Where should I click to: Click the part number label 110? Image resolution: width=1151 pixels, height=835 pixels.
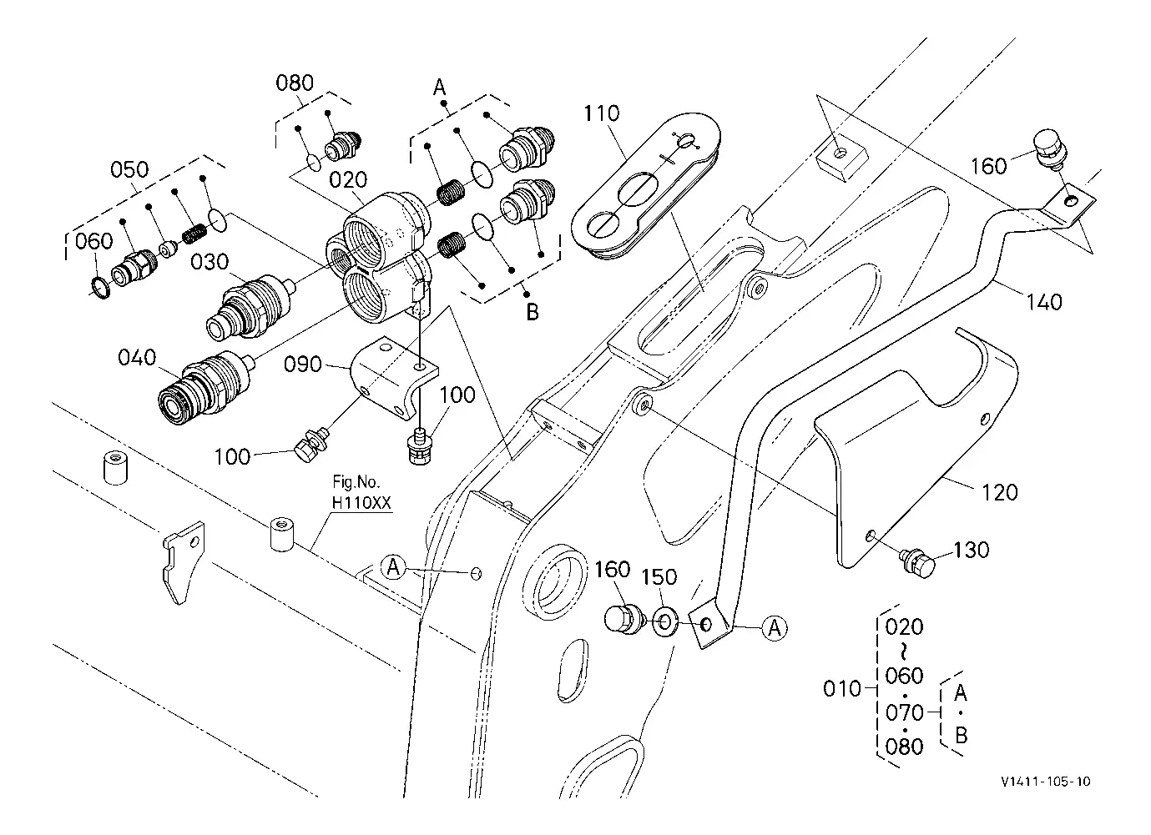(x=602, y=113)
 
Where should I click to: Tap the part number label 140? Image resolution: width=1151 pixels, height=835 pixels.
(x=1044, y=302)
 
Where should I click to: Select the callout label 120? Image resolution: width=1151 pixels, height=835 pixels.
(x=1000, y=492)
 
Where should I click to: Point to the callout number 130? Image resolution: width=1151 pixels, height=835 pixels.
(x=972, y=550)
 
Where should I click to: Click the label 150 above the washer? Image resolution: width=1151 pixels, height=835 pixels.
(x=659, y=577)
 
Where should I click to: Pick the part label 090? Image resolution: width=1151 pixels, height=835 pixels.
(x=303, y=365)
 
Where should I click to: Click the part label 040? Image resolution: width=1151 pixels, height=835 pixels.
(x=137, y=357)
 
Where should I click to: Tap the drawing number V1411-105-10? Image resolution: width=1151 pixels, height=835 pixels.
(x=1046, y=781)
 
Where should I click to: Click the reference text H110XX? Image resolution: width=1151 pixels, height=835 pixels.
(x=361, y=502)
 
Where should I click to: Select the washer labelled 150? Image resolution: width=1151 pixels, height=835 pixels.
(x=665, y=623)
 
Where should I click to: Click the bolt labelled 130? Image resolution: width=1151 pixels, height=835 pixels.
(x=918, y=563)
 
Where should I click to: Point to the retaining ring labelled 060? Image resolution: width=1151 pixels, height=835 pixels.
(x=101, y=289)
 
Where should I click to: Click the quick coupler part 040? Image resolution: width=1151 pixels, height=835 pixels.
(x=205, y=388)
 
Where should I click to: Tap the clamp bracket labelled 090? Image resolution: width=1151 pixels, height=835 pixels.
(x=395, y=378)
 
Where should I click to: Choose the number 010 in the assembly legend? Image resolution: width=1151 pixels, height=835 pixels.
(x=841, y=689)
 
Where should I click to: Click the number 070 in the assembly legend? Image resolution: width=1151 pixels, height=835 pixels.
(x=905, y=712)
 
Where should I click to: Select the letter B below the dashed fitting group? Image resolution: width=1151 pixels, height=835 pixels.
(x=533, y=312)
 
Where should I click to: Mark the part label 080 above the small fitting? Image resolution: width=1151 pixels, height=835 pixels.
(x=295, y=83)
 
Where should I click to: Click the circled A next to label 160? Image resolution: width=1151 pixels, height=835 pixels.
(x=774, y=628)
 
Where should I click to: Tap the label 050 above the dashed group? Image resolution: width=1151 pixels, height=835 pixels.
(x=129, y=169)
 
